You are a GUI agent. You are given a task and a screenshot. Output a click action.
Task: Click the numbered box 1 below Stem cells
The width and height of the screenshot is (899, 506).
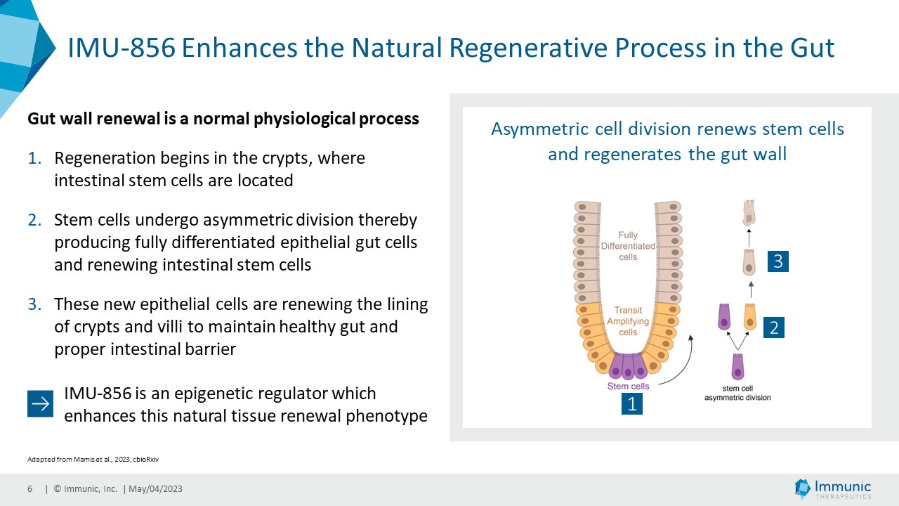(x=632, y=403)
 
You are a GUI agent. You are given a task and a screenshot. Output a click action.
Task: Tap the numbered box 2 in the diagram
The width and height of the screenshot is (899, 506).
(x=774, y=327)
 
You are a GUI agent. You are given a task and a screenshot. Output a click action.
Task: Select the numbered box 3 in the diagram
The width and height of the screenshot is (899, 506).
(x=777, y=262)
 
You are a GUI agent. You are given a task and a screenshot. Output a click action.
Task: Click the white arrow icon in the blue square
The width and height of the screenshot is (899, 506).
(x=40, y=404)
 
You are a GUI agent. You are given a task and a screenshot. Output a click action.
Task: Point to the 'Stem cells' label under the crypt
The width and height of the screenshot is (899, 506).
(x=628, y=386)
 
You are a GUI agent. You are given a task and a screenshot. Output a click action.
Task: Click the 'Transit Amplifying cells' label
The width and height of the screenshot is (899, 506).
(x=628, y=321)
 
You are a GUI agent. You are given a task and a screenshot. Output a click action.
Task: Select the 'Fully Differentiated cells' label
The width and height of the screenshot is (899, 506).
(x=628, y=246)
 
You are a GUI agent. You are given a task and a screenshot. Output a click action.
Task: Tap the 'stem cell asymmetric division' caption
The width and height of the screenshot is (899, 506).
(x=737, y=393)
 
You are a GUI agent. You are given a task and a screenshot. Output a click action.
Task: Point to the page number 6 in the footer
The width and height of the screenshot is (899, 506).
(x=29, y=489)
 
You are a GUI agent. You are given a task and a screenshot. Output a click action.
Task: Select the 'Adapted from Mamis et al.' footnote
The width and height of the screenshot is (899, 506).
(x=97, y=459)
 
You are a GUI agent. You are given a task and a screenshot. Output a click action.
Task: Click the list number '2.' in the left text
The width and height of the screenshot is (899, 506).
(x=36, y=220)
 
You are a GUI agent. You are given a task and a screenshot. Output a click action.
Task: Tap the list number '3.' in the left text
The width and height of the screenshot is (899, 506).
(x=36, y=304)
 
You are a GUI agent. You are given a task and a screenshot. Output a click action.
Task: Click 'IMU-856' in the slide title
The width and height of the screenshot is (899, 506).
(x=120, y=48)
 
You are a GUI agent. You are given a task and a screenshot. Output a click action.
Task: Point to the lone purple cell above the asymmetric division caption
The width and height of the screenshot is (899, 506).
(x=737, y=367)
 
